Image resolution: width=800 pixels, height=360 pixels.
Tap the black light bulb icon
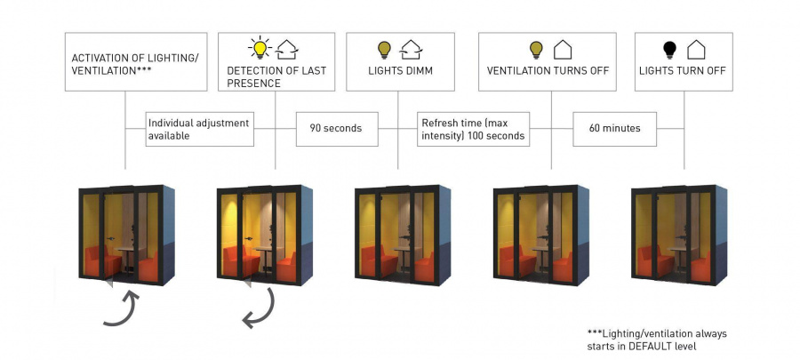669,49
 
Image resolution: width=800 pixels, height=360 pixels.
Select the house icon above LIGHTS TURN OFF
697,49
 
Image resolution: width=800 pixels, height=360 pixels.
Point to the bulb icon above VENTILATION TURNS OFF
536,49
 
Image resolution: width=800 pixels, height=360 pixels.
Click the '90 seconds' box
335,128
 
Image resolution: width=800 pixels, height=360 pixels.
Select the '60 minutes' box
614,128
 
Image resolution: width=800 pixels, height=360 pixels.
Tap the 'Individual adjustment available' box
200,128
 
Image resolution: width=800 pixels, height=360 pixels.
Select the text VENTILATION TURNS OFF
548,70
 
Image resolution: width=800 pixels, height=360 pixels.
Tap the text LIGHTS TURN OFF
683,70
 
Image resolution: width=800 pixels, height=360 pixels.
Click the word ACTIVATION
102,58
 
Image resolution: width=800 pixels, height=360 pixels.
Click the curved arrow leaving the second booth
260,307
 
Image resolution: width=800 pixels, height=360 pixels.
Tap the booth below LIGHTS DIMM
401,235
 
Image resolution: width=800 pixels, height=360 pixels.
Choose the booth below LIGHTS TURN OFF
677,235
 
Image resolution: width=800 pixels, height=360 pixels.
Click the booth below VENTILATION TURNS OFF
540,235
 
